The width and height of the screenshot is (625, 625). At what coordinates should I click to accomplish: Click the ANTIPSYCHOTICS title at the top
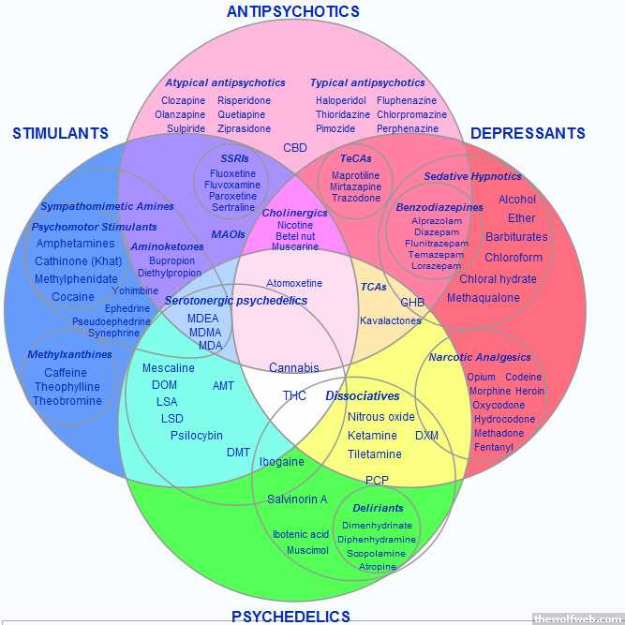tap(292, 11)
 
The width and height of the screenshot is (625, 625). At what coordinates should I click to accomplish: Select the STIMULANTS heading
tap(60, 133)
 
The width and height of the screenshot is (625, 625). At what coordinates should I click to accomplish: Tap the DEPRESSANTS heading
tap(528, 133)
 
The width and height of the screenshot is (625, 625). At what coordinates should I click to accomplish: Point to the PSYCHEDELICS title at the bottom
tap(290, 617)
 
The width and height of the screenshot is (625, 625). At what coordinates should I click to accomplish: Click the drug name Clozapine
tap(183, 100)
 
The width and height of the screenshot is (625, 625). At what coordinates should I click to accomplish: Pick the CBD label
tap(295, 148)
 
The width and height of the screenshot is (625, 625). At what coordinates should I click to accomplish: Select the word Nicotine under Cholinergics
tap(294, 226)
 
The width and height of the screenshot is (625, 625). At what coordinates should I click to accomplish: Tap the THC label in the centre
tap(294, 395)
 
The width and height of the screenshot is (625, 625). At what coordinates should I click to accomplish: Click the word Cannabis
tap(294, 368)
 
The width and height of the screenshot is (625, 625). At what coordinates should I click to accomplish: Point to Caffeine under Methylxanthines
tap(66, 373)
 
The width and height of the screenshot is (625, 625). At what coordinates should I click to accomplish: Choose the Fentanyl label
tap(494, 447)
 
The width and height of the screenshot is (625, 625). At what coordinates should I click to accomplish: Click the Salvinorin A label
tap(297, 499)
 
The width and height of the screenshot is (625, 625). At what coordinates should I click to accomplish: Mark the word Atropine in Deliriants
tap(378, 567)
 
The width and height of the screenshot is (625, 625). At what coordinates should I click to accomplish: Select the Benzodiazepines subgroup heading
tap(439, 207)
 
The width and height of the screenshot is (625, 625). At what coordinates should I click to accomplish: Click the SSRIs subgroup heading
tap(234, 158)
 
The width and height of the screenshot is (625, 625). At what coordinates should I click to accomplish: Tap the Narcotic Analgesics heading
tap(480, 357)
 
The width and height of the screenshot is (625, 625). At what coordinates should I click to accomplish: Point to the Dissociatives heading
tap(363, 395)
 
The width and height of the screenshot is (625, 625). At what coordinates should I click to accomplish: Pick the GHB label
tap(412, 303)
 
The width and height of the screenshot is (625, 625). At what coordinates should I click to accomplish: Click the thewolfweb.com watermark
tap(576, 618)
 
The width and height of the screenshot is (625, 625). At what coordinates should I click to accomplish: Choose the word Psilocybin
tap(197, 435)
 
